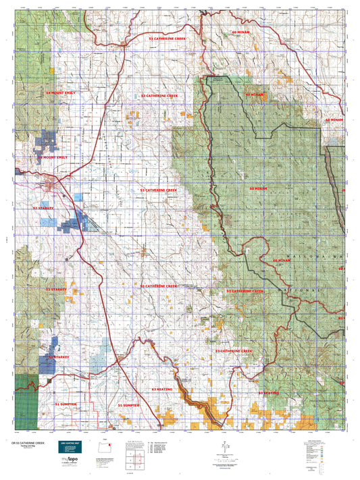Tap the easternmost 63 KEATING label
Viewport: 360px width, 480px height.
tap(268, 392)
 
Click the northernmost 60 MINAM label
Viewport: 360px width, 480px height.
tap(240, 32)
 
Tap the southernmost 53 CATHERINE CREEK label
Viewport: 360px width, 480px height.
tap(234, 351)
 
